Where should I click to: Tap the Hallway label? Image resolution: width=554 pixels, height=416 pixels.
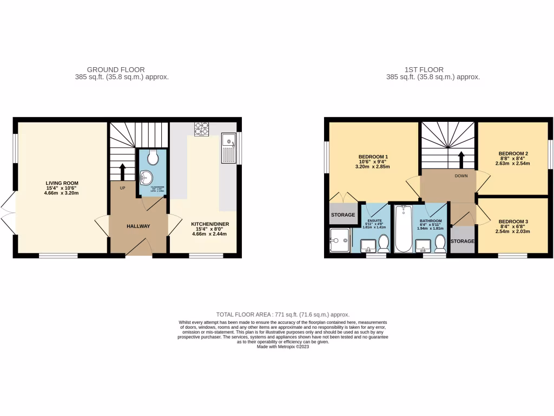pyautogui.click(x=138, y=226)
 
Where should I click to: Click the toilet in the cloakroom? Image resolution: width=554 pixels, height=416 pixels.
pyautogui.click(x=152, y=157)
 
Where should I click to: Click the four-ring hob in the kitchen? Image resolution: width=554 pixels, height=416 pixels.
pyautogui.click(x=202, y=128)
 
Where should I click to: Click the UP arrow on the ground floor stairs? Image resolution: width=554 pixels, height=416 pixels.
pyautogui.click(x=123, y=171)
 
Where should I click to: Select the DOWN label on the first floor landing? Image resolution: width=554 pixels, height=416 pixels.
pyautogui.click(x=461, y=176)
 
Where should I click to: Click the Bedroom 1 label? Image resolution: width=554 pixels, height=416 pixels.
pyautogui.click(x=373, y=157)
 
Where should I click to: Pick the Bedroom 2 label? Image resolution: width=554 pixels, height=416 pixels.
pyautogui.click(x=513, y=153)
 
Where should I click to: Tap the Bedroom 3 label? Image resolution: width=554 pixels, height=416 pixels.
pyautogui.click(x=513, y=222)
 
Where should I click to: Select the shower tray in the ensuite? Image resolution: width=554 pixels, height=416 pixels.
pyautogui.click(x=340, y=240)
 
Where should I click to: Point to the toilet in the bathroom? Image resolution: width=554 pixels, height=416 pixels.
pyautogui.click(x=440, y=244)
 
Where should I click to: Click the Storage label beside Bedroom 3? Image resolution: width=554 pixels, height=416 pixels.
pyautogui.click(x=463, y=241)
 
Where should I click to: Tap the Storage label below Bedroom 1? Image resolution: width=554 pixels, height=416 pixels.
pyautogui.click(x=343, y=215)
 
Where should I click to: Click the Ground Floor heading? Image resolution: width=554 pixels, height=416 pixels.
pyautogui.click(x=116, y=69)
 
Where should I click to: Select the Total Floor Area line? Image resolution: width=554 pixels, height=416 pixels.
pyautogui.click(x=282, y=314)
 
